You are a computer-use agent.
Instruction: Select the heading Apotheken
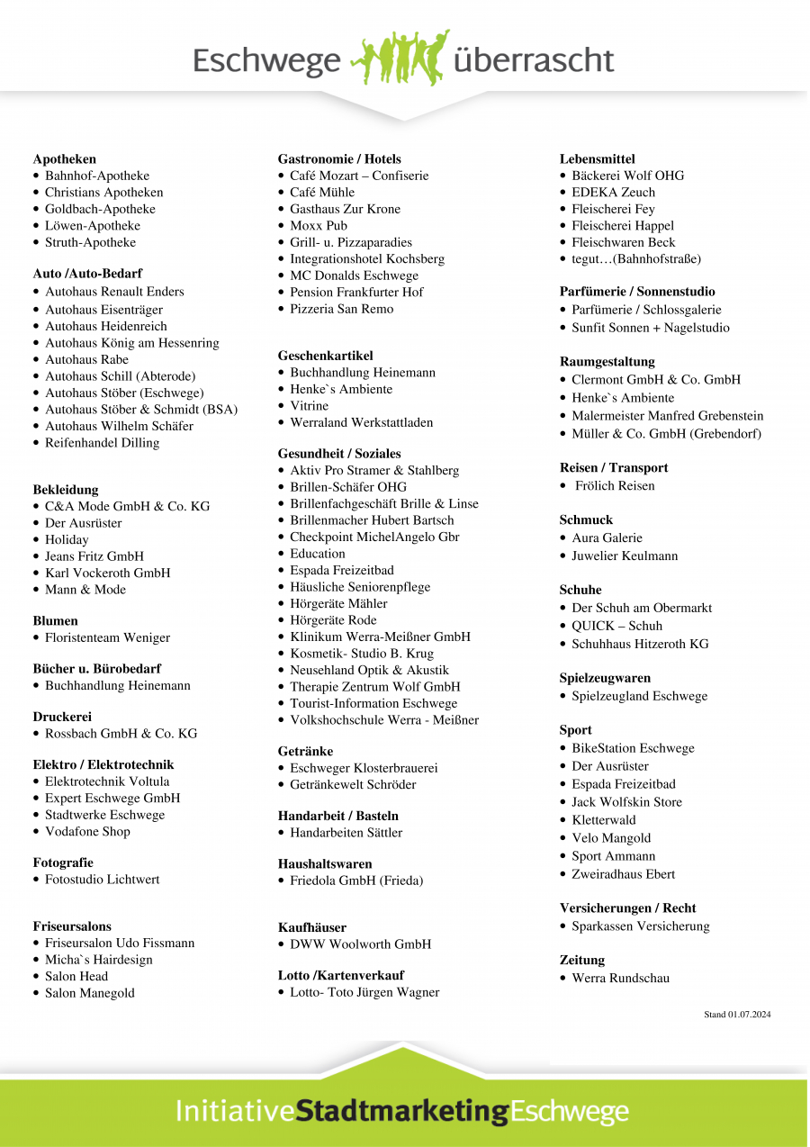coord(65,159)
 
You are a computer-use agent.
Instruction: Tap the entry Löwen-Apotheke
coord(93,226)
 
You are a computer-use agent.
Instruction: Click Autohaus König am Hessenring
coord(131,343)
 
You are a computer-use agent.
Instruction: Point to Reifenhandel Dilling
coord(102,443)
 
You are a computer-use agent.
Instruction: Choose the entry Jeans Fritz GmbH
coord(94,556)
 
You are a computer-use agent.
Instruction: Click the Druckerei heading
coord(62,718)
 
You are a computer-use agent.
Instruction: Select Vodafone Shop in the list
coord(87,832)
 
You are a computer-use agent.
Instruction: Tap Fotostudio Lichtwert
coord(102,880)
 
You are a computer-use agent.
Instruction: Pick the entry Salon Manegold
coord(89,993)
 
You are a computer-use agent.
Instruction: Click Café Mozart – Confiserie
coord(359,176)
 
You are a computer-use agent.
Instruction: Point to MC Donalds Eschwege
coord(354,275)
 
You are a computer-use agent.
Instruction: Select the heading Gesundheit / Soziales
coord(339,454)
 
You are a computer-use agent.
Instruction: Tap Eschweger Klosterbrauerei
coord(364,768)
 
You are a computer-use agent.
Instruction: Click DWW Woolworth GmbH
coord(360,944)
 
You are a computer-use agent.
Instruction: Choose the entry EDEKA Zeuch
coord(613,193)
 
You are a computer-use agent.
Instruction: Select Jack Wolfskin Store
coord(626,802)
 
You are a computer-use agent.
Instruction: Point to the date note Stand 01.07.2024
coord(737,1015)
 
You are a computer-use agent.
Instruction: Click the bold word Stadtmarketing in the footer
coord(401,1110)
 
